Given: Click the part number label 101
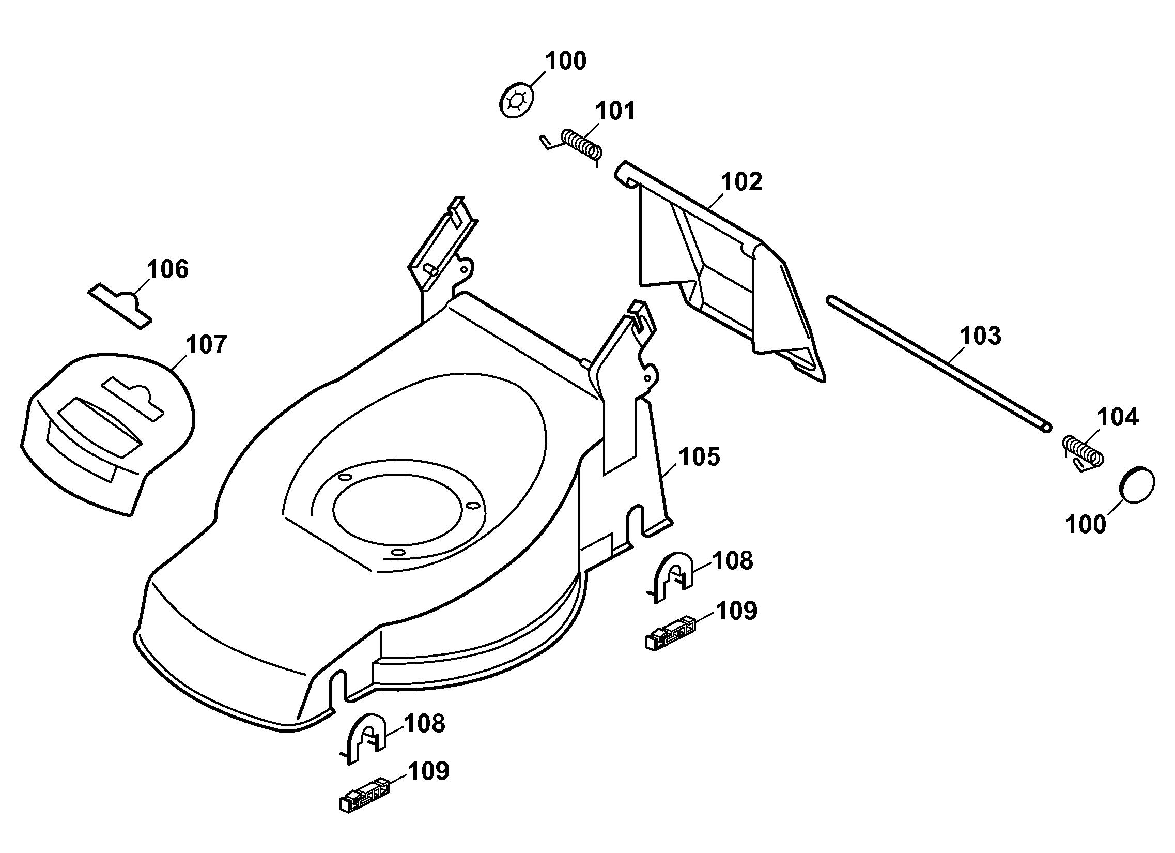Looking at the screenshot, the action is point(615,112).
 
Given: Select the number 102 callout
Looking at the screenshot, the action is point(741,182).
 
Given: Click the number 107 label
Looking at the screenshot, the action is point(206,345).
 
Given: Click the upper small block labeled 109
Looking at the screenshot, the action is point(670,633).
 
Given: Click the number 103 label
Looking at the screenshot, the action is point(980,336).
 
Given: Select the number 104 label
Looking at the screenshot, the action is point(1118,417).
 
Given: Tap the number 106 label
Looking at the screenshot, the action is point(167,269).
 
